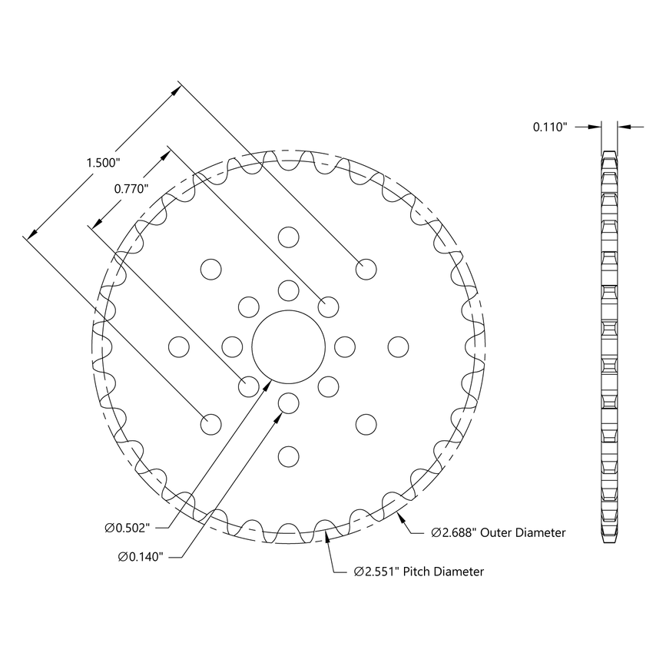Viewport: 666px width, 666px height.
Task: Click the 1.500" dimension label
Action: point(104,162)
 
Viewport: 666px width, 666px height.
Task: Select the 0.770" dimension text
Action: point(131,188)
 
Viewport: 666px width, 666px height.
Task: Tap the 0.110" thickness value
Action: point(550,127)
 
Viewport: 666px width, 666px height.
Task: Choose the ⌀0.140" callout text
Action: point(141,556)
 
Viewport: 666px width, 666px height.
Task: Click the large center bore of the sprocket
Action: point(288,346)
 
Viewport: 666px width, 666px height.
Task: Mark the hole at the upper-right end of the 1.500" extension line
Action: point(366,269)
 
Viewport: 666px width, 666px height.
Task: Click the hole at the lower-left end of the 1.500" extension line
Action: point(210,423)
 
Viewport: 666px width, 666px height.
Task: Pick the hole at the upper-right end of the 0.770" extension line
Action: point(328,306)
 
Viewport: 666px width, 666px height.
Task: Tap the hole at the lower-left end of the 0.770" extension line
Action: point(248,386)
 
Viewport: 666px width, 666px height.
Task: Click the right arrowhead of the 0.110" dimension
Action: point(622,127)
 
